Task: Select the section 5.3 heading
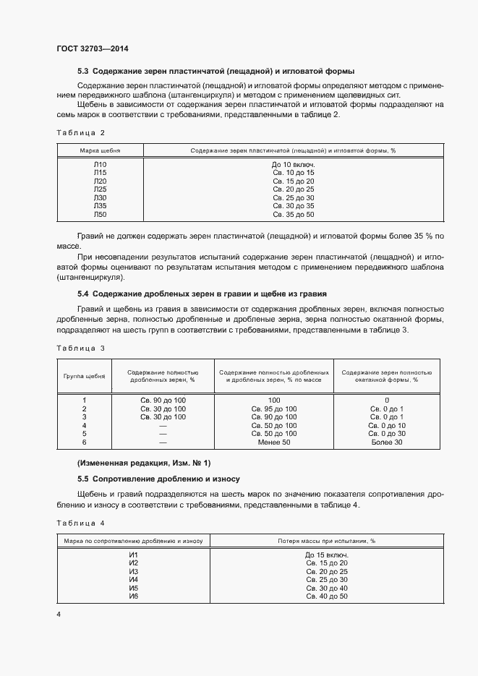coord(215,72)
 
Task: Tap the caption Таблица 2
coord(80,132)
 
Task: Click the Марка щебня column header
coord(100,150)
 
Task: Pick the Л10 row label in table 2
coord(100,165)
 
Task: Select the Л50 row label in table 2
coord(100,215)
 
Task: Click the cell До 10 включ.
coord(293,165)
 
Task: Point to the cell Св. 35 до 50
coord(293,215)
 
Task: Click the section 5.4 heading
coord(202,294)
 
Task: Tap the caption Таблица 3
coord(80,348)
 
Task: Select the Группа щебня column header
coord(84,377)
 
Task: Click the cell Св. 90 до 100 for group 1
coord(163,400)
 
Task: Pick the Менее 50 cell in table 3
coord(273,441)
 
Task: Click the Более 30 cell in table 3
coord(386,441)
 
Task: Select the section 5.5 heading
coord(158,479)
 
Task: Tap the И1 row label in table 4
coord(133,555)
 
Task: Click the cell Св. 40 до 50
coord(326,596)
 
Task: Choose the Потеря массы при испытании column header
coord(326,540)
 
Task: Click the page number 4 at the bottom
coord(59,615)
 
